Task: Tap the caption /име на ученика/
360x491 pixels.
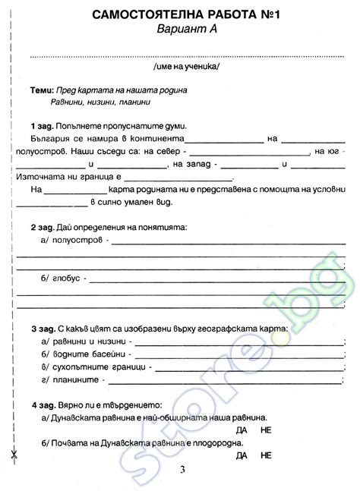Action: pos(185,67)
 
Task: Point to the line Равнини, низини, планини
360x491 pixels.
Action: pos(101,102)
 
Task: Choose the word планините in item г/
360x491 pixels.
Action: pos(77,379)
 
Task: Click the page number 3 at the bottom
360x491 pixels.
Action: pos(182,471)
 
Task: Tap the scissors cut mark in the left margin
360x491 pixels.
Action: pos(13,457)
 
